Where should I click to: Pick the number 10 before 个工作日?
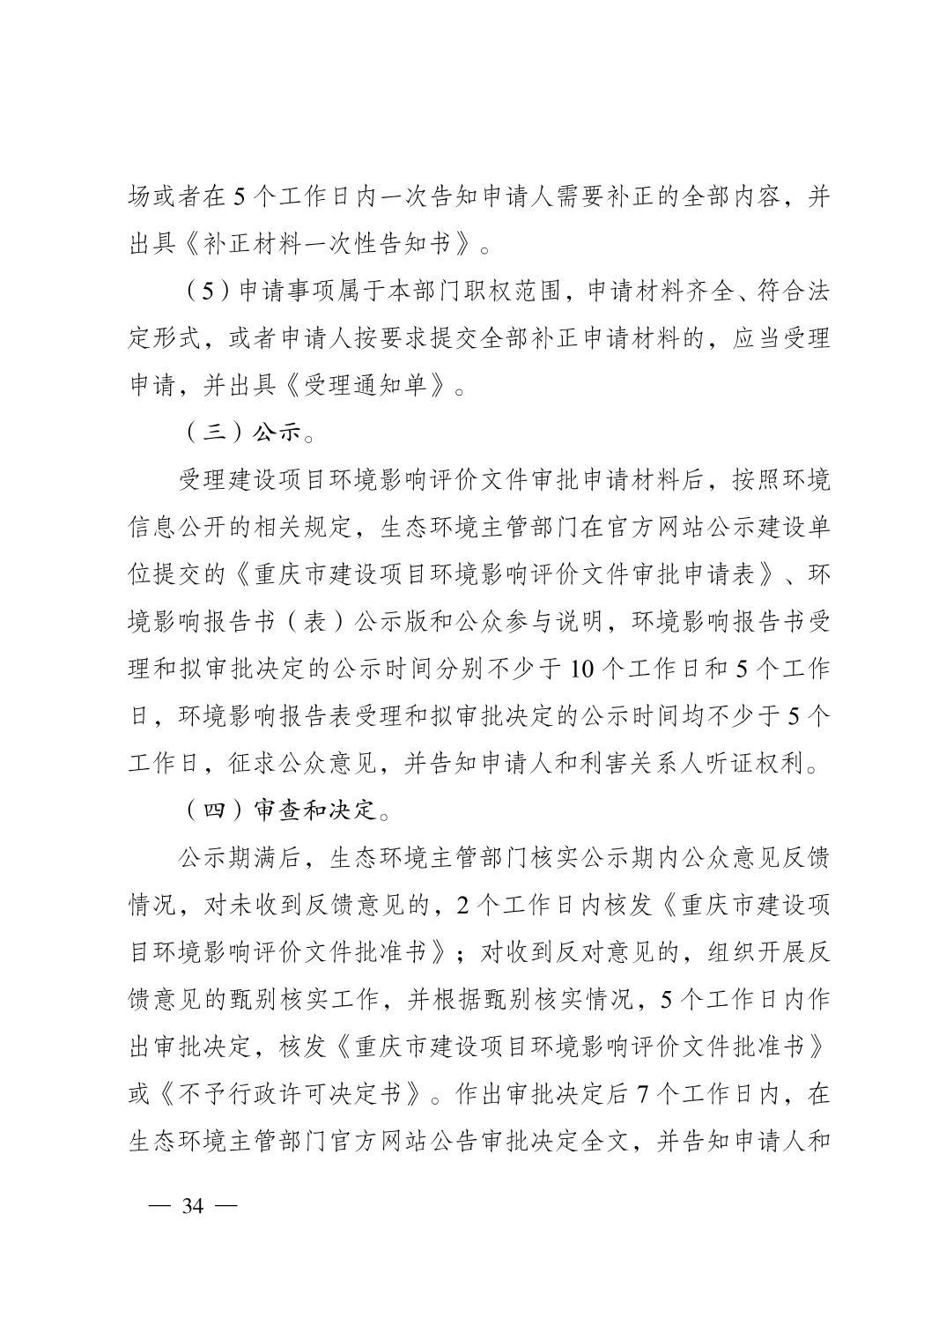[580, 669]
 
